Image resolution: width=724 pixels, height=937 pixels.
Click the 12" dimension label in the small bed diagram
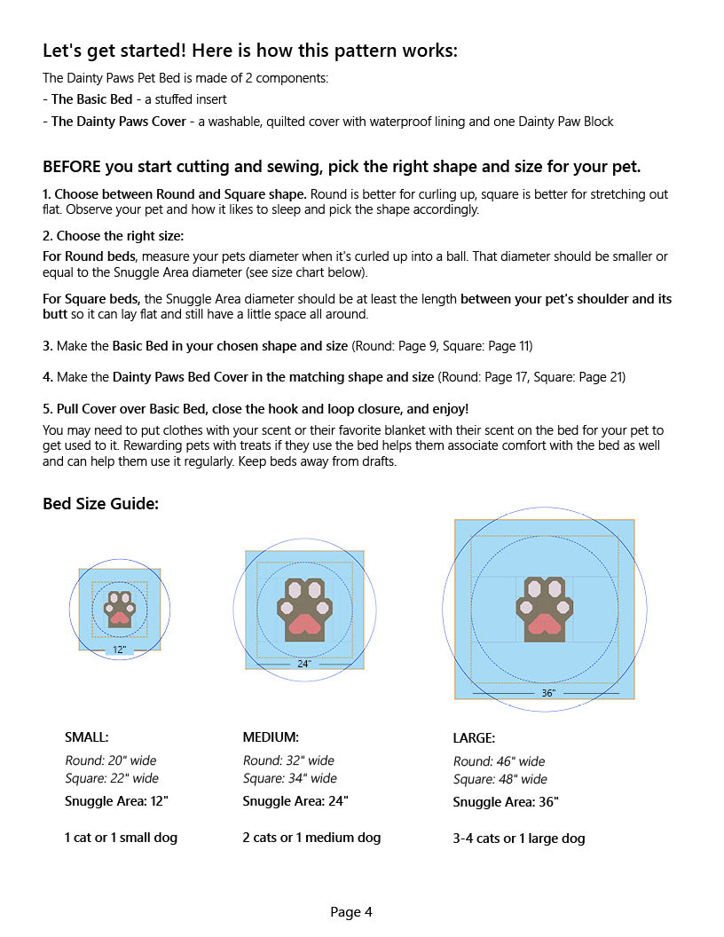[120, 650]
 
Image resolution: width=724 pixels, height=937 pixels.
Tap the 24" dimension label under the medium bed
[304, 664]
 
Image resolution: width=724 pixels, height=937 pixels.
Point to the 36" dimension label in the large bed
[548, 693]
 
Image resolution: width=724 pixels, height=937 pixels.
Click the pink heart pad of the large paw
[544, 626]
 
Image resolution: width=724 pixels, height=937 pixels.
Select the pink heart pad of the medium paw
[304, 623]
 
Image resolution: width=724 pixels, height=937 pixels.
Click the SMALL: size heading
[87, 736]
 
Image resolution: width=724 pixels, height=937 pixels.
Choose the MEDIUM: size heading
[271, 736]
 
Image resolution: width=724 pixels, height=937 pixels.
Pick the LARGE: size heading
[474, 737]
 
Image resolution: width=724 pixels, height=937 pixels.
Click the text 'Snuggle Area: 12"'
[116, 800]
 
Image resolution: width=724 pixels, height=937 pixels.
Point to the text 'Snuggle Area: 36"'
[506, 802]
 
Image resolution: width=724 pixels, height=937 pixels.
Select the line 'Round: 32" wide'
[288, 760]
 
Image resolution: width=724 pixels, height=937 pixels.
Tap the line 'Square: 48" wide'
[500, 779]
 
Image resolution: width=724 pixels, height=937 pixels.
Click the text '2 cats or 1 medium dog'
[311, 837]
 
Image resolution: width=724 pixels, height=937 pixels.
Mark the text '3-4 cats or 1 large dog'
[519, 838]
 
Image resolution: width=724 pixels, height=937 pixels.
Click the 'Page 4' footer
[351, 911]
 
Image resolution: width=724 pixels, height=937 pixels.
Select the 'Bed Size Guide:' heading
[100, 504]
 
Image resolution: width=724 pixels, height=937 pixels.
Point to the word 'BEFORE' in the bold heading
[72, 167]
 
